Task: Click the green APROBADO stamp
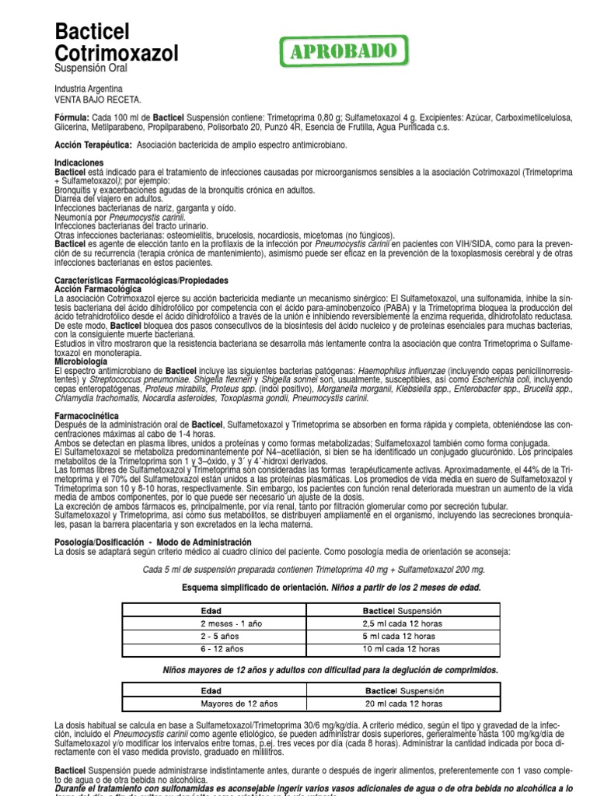click(343, 52)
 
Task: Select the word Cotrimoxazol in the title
click(116, 53)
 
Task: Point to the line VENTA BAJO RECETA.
click(98, 99)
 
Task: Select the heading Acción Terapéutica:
click(93, 145)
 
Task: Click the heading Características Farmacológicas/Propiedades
click(141, 280)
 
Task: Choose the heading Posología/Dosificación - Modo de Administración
click(153, 542)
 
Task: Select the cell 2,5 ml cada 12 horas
click(402, 624)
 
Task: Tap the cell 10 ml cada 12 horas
click(402, 649)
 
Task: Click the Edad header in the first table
click(211, 611)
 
